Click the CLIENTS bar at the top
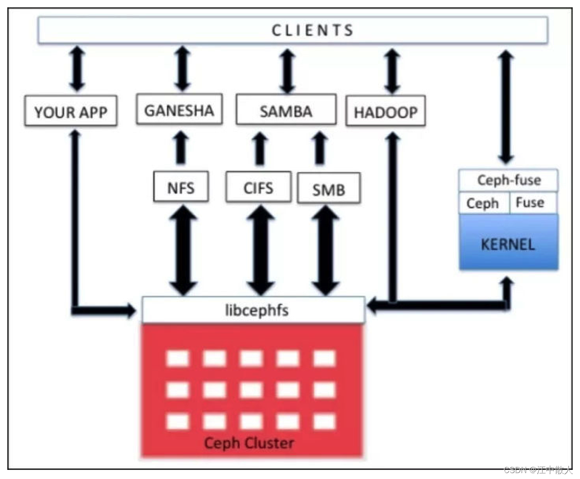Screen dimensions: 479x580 [x=293, y=30]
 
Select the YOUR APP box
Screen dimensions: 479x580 [x=71, y=111]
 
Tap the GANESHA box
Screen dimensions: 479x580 [x=179, y=110]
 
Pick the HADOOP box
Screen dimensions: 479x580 [x=386, y=111]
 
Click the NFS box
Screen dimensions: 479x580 [x=181, y=187]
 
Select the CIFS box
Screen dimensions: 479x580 [x=258, y=187]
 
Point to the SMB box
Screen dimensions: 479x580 [x=329, y=188]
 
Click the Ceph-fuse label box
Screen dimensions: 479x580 [x=508, y=180]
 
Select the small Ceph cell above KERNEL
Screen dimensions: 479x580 [x=483, y=203]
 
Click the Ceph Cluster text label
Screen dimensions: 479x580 [x=249, y=443]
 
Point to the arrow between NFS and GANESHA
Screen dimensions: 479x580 [x=181, y=148]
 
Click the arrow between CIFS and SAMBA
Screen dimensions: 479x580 [x=260, y=148]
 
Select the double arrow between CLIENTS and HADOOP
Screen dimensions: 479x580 [x=392, y=71]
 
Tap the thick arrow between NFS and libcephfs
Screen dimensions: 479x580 [x=183, y=250]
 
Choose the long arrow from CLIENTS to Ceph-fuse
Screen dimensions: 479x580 [x=506, y=107]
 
